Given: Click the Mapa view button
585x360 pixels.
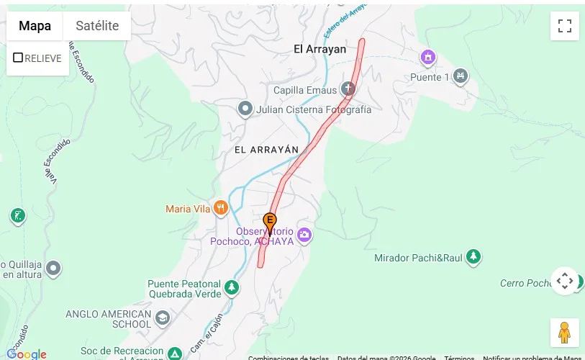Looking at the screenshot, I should pyautogui.click(x=35, y=26).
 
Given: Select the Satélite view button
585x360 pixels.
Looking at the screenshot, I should pyautogui.click(x=97, y=26).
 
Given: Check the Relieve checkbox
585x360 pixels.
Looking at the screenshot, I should pyautogui.click(x=19, y=58).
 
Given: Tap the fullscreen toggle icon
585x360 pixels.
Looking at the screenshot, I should pyautogui.click(x=565, y=26).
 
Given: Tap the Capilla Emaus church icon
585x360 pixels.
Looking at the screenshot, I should pyautogui.click(x=348, y=90).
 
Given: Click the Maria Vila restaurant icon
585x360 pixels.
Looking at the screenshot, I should pyautogui.click(x=220, y=209).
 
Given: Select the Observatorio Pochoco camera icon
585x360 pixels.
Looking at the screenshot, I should pyautogui.click(x=304, y=235).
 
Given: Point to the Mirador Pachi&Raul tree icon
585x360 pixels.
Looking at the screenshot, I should pyautogui.click(x=473, y=257).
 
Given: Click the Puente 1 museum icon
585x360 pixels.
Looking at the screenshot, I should pyautogui.click(x=461, y=76).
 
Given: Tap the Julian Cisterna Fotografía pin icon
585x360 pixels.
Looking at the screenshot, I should pyautogui.click(x=245, y=109).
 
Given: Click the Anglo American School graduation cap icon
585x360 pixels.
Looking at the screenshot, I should pyautogui.click(x=163, y=318).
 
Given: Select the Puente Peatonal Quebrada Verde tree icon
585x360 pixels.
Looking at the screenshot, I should pyautogui.click(x=231, y=288).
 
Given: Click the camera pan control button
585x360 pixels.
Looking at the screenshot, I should pyautogui.click(x=565, y=281).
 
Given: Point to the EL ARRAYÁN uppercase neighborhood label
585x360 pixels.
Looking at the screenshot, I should pyautogui.click(x=266, y=149).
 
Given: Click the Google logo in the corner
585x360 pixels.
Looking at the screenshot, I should pyautogui.click(x=27, y=354).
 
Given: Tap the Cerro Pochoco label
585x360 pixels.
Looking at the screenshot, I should pyautogui.click(x=525, y=283).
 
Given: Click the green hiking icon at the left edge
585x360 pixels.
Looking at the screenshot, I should pyautogui.click(x=18, y=215).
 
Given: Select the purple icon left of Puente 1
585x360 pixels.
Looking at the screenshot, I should pyautogui.click(x=428, y=56).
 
